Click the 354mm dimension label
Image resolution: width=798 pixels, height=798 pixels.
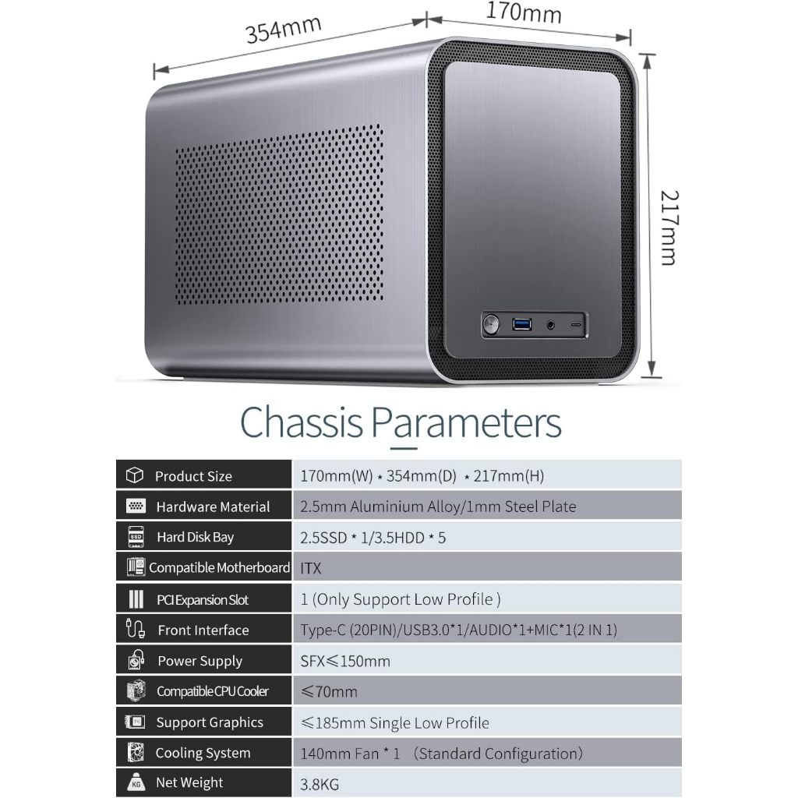point(283,30)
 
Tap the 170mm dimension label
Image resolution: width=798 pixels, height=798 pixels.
point(524,12)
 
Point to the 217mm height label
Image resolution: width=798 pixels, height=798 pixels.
point(668,227)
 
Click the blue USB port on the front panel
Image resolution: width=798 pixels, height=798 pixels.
point(522,323)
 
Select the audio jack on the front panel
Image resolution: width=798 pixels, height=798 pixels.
point(553,323)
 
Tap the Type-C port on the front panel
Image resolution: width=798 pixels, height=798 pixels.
point(577,323)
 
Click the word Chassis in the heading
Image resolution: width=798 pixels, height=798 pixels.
point(302,422)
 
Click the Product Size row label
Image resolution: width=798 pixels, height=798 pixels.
point(193,476)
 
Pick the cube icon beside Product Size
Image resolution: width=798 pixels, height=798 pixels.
point(135,475)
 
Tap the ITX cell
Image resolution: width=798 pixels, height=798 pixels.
point(311,568)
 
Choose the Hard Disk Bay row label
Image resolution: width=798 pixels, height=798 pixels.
point(195,537)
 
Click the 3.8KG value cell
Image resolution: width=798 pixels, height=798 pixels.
point(320,784)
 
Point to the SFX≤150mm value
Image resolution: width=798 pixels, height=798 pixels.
point(345,661)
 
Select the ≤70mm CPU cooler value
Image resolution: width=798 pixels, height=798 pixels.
point(329,691)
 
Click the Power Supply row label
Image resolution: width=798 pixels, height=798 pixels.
point(199,661)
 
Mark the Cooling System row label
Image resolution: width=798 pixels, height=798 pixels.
point(203,753)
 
